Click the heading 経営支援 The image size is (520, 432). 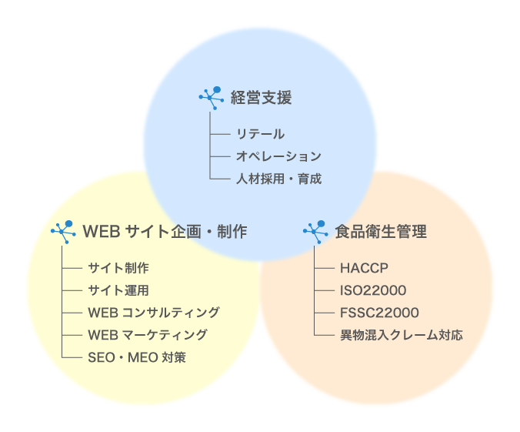[x=262, y=98]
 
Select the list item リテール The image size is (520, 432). [x=260, y=134]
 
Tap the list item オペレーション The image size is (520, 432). [x=278, y=156]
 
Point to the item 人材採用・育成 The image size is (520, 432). [x=278, y=179]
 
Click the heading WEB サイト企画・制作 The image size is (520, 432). [x=165, y=231]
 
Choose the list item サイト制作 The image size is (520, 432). [x=118, y=268]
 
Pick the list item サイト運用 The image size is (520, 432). [x=118, y=290]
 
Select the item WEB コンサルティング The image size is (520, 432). [x=153, y=313]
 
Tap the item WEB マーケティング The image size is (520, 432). [x=147, y=335]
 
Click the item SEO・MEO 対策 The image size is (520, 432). [x=136, y=357]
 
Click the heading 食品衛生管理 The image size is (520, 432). [x=381, y=231]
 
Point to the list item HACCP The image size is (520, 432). [x=364, y=268]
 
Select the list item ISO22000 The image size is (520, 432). [x=373, y=290]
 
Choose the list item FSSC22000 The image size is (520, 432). [x=379, y=313]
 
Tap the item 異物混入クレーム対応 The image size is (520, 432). [x=402, y=335]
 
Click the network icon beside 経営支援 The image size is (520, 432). [x=211, y=97]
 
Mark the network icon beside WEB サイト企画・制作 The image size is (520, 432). [x=62, y=230]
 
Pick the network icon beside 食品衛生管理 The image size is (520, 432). [x=315, y=230]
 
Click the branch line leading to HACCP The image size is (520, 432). [x=325, y=268]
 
